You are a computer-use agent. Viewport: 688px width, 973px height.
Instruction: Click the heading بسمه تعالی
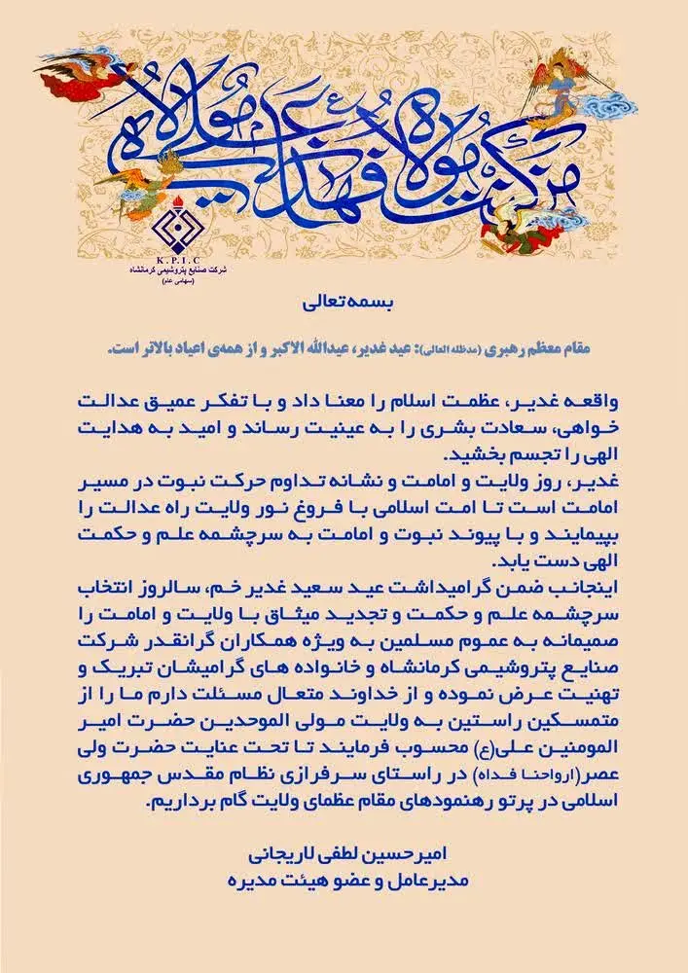click(344, 305)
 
